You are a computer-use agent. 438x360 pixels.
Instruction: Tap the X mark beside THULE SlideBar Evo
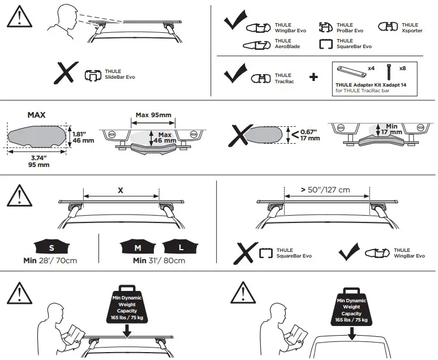(67, 74)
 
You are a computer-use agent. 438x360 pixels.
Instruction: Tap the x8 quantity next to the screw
(402, 68)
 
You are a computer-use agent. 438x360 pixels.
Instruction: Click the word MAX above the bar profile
(36, 115)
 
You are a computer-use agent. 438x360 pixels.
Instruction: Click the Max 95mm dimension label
(153, 115)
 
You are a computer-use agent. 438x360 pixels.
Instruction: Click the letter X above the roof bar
(120, 191)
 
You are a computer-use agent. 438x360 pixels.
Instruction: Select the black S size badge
(50, 247)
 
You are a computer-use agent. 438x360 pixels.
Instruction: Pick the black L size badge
(181, 247)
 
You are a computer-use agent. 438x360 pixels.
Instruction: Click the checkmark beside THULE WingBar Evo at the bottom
(349, 252)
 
